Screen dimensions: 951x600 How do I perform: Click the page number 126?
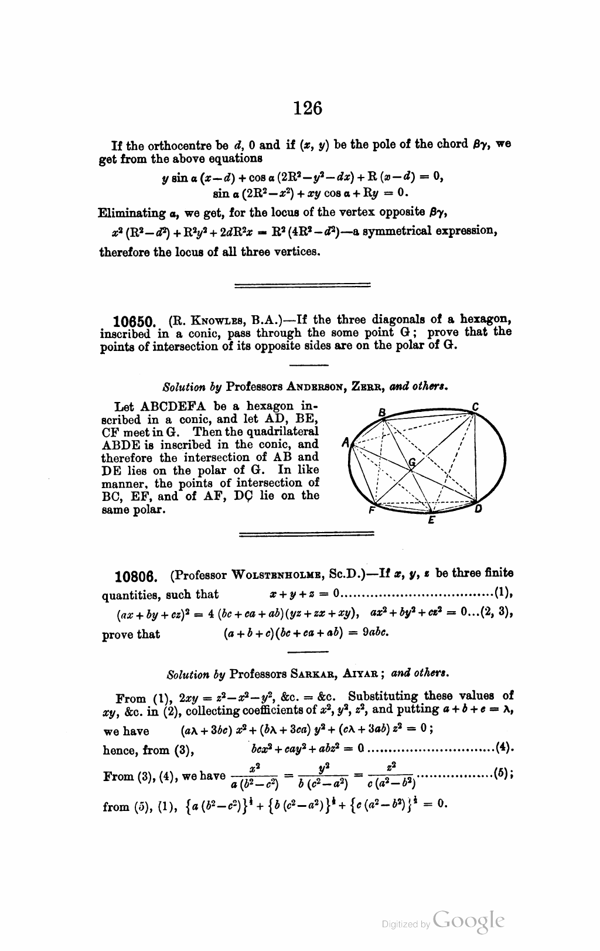[x=308, y=108]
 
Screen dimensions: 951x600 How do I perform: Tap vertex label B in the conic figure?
[x=381, y=413]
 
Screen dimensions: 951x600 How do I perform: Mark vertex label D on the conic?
[x=478, y=509]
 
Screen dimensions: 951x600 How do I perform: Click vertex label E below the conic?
[x=431, y=520]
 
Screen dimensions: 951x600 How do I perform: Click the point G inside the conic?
[x=412, y=462]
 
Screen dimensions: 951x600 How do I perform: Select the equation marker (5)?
[x=503, y=772]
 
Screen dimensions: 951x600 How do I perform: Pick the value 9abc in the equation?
[x=374, y=633]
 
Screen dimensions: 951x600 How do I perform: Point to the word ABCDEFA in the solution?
[x=167, y=406]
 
